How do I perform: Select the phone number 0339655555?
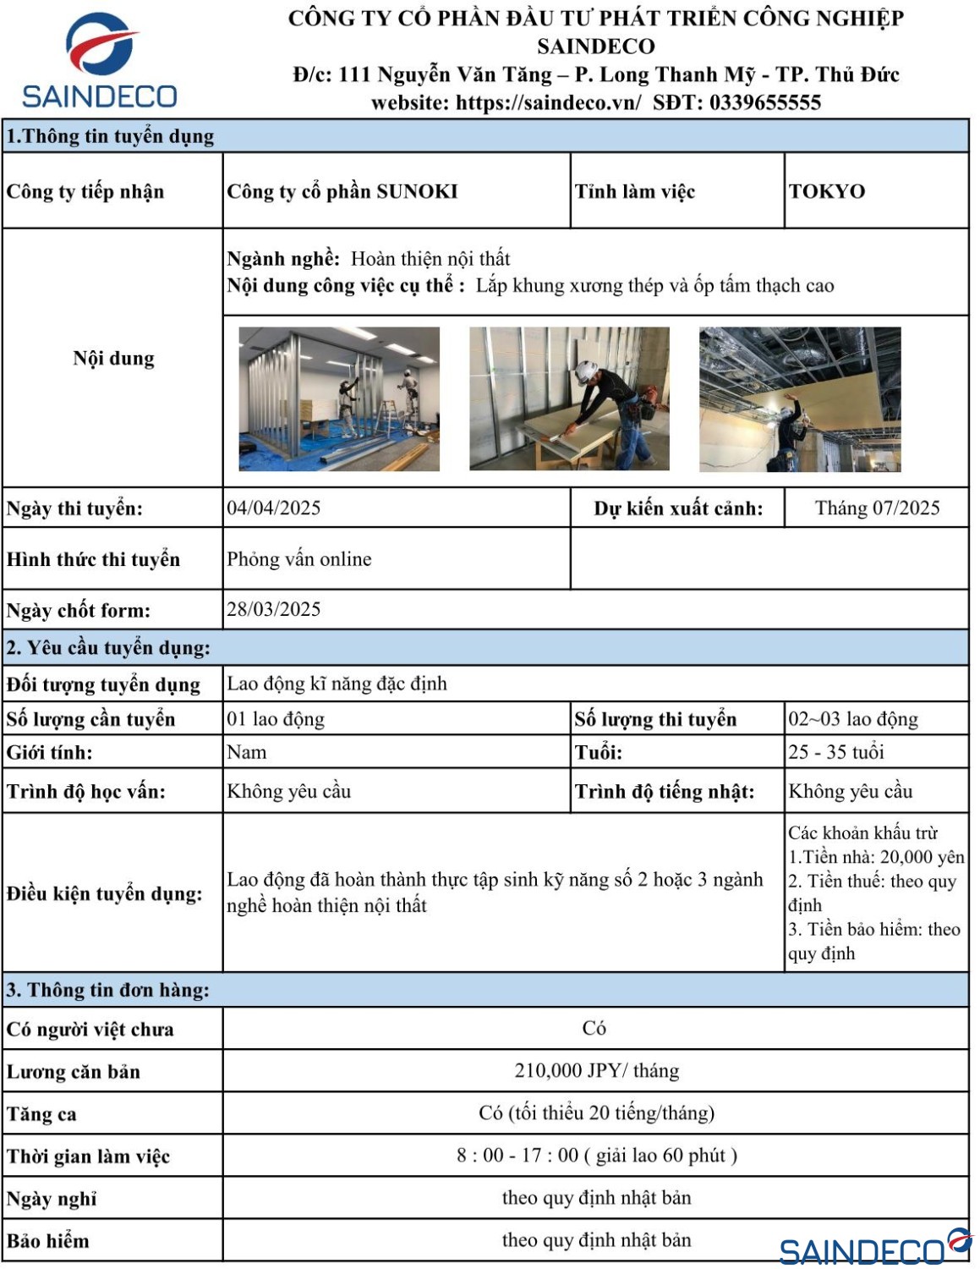(x=765, y=103)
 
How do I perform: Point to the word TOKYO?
(x=826, y=191)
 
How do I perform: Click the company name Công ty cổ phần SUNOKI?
(x=342, y=191)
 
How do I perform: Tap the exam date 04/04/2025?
(x=273, y=508)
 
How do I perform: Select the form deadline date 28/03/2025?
(x=273, y=609)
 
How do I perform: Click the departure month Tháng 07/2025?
(x=877, y=508)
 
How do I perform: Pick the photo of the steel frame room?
(x=339, y=398)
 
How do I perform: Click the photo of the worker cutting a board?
(x=569, y=398)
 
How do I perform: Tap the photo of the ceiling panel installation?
(x=800, y=398)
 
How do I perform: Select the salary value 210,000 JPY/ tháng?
(x=596, y=1071)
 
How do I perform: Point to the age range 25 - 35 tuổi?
(x=835, y=752)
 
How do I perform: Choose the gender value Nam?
(x=246, y=752)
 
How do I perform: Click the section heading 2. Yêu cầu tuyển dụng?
(x=108, y=648)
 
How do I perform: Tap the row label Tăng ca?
(x=41, y=1114)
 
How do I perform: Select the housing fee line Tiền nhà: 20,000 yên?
(x=876, y=857)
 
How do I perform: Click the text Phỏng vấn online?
(x=298, y=559)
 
